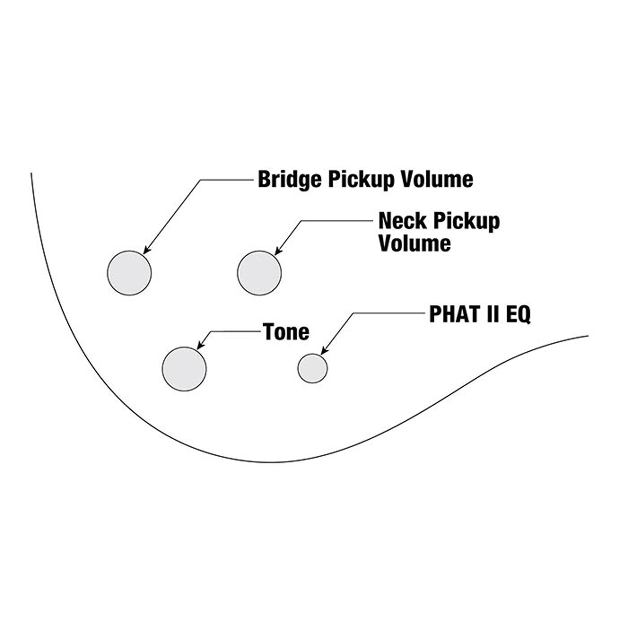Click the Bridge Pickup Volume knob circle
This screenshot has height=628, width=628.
pos(129,273)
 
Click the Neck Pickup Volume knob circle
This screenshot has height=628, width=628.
pos(259,273)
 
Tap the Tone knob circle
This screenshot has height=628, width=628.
pos(184,369)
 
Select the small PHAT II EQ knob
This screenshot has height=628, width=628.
pos(313,368)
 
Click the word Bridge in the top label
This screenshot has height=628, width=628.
pos(289,179)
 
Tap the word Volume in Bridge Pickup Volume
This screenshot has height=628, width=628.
pos(436,179)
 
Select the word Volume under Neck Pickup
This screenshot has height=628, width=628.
pos(414,243)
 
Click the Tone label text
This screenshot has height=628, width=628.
pos(286,332)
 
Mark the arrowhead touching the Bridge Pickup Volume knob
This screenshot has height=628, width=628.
pos(146,251)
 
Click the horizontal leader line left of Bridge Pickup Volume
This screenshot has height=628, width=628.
pos(227,180)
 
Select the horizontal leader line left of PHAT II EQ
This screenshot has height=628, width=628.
pos(388,313)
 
